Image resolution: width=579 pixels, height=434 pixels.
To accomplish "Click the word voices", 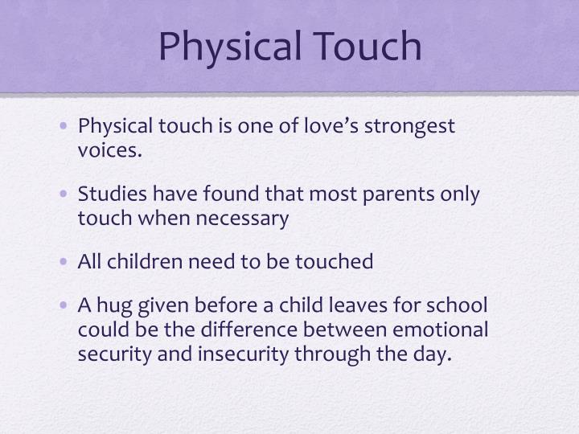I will click(x=109, y=149).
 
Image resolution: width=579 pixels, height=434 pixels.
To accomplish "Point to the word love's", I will click(x=327, y=126).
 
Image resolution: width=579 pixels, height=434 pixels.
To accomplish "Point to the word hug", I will click(x=113, y=306).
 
